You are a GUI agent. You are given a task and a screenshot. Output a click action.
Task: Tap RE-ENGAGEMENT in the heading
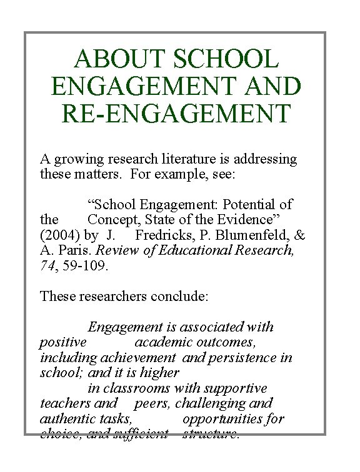point(176,114)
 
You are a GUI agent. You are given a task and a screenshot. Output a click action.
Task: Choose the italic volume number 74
point(47,266)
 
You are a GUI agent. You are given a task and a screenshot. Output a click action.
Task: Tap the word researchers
point(115,297)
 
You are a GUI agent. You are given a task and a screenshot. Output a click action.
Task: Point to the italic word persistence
point(242,358)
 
